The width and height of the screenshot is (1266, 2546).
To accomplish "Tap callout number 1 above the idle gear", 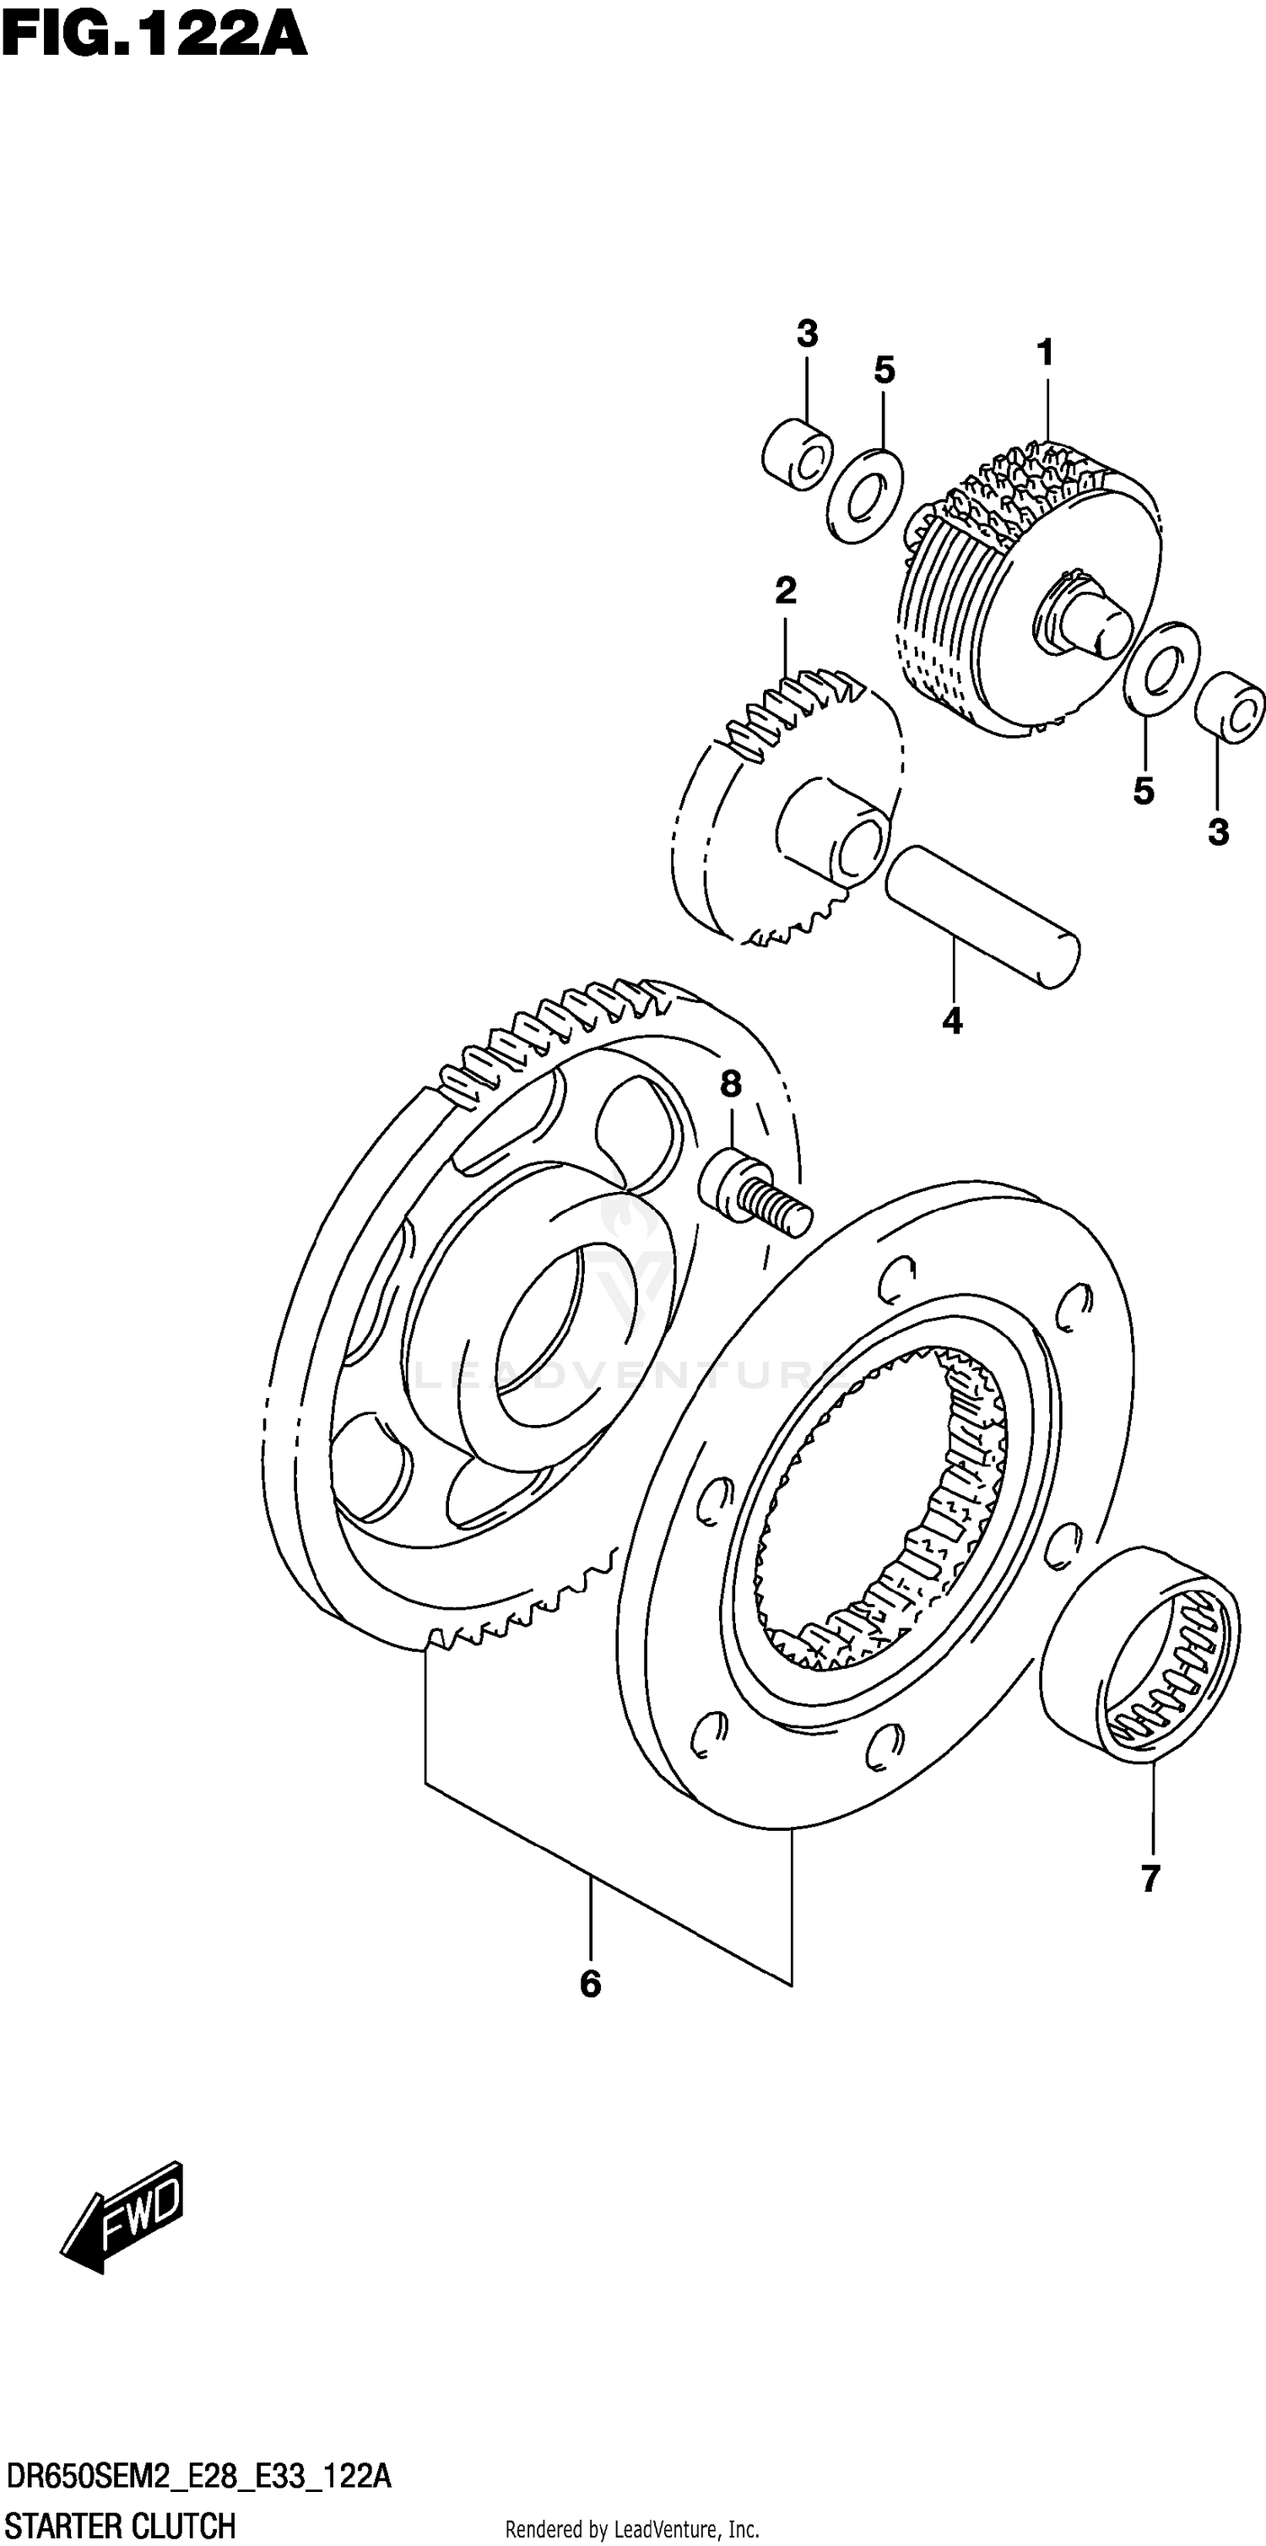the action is [x=1045, y=352].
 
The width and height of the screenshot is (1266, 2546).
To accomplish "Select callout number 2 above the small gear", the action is [x=785, y=591].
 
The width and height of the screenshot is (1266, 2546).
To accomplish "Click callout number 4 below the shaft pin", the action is [x=952, y=1021].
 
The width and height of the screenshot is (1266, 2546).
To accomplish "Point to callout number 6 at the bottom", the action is [x=590, y=2197].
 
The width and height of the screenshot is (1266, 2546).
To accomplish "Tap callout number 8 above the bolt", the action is [x=730, y=1084].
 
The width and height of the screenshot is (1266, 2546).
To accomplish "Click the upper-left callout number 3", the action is [x=808, y=334].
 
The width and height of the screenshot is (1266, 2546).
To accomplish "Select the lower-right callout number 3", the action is [x=1218, y=832].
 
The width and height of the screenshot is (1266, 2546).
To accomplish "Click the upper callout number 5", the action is [x=884, y=371].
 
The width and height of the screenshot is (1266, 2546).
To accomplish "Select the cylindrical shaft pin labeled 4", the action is [x=982, y=915].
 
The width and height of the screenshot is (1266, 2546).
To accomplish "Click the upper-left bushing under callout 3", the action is [x=798, y=456].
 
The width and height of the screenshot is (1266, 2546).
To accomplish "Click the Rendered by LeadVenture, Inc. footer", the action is [x=631, y=2529].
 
